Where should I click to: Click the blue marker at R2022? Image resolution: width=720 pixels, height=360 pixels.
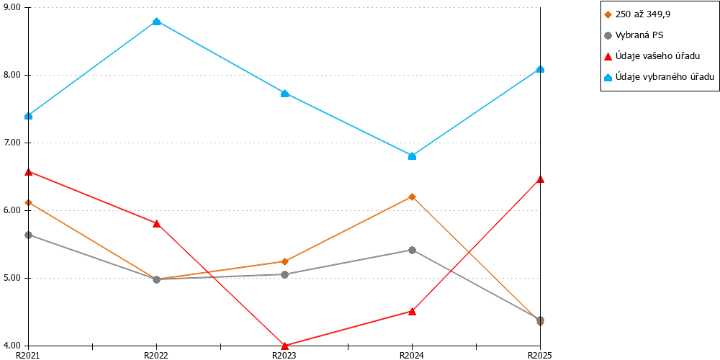[156, 22]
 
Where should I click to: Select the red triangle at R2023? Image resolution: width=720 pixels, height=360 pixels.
[284, 346]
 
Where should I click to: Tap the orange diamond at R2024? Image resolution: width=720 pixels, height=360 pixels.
[412, 197]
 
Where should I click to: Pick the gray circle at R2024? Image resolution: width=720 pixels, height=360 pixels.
[412, 251]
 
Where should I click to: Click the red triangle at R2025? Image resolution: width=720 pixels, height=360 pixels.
[541, 179]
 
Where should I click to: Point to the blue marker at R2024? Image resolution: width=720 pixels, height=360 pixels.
[412, 156]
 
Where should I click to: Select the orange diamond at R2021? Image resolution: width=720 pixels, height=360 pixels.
[29, 202]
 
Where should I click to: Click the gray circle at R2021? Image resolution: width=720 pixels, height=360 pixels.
[29, 235]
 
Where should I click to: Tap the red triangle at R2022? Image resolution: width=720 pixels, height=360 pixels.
[156, 224]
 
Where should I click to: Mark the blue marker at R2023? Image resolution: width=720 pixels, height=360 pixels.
[284, 94]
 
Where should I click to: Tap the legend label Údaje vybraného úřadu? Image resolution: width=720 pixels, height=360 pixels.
[659, 77]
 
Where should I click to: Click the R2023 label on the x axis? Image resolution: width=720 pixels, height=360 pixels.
[284, 355]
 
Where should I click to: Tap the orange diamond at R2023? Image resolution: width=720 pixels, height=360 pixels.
[284, 262]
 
